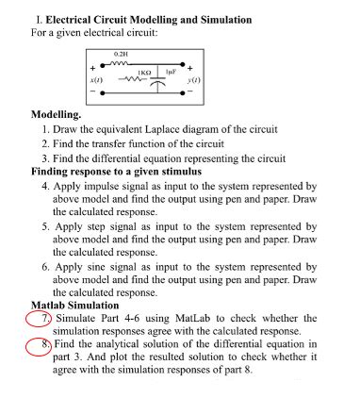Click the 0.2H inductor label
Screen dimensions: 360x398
[122, 55]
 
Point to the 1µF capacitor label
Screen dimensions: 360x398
[171, 71]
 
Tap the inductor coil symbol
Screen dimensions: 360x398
[121, 64]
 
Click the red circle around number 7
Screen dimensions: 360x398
[35, 321]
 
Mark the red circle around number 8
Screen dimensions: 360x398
[35, 346]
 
